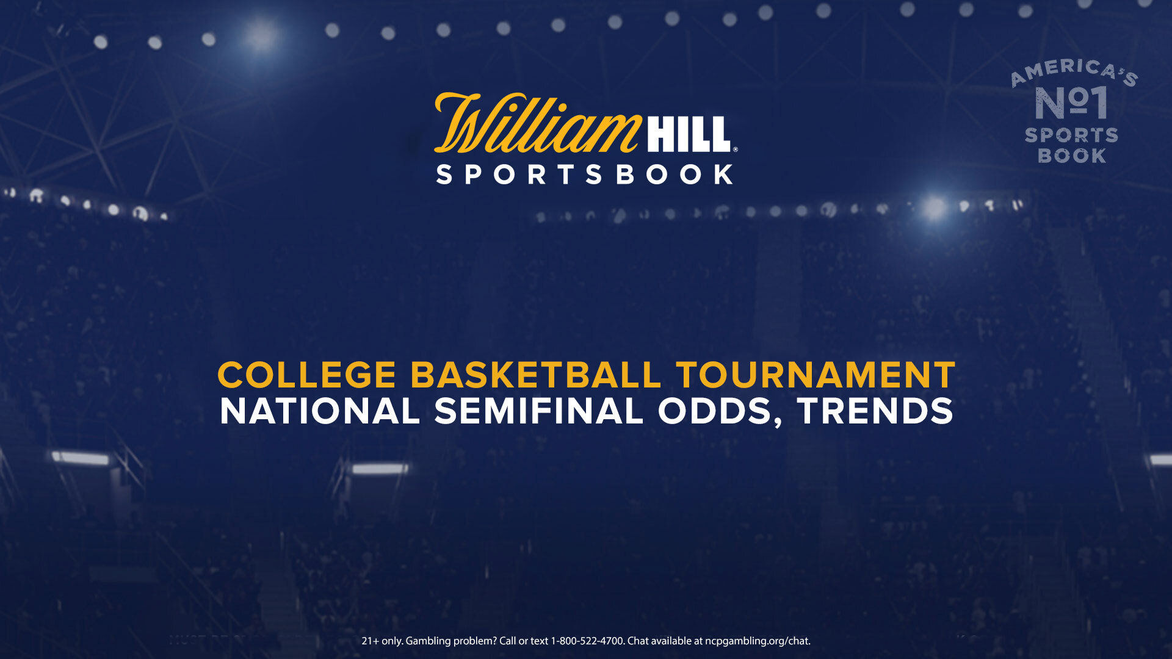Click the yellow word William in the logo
click(537, 123)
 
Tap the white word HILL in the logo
click(689, 134)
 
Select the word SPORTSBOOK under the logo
click(585, 175)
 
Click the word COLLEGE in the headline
click(307, 375)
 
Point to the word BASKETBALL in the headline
click(536, 375)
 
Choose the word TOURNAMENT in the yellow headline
click(816, 375)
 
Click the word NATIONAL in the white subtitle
click(320, 411)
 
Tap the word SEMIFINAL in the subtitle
click(539, 411)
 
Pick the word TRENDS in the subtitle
click(875, 411)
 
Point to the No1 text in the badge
click(1072, 103)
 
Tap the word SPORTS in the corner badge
click(1071, 135)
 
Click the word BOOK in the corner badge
click(1072, 156)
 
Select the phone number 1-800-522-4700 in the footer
click(587, 641)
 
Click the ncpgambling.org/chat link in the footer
click(758, 641)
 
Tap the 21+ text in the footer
click(370, 641)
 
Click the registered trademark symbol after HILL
click(735, 149)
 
